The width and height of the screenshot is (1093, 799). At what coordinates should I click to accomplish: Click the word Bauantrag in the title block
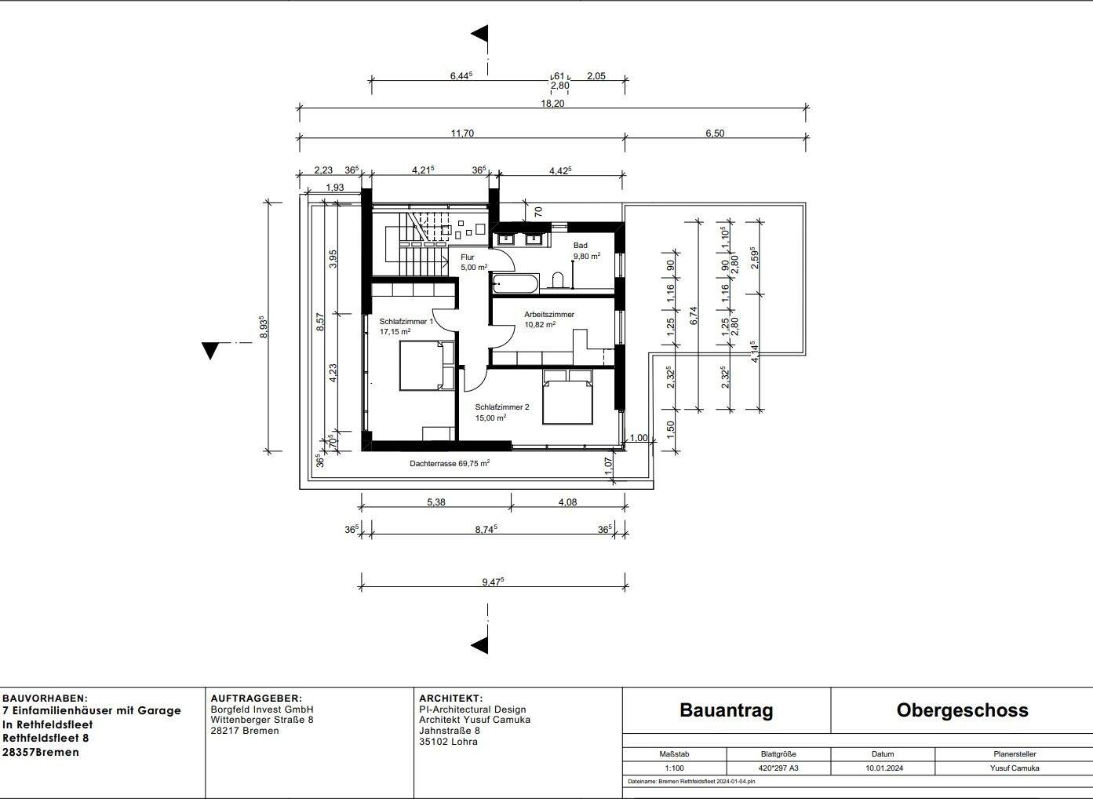[726, 710]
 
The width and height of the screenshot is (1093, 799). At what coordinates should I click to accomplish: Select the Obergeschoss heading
[962, 710]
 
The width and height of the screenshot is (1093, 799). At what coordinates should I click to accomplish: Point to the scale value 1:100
[674, 768]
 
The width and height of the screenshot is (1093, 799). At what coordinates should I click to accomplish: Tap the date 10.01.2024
[884, 768]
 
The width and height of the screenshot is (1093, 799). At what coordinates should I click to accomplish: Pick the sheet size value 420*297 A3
[778, 768]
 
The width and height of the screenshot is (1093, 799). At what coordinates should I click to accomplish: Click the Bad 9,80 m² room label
[585, 251]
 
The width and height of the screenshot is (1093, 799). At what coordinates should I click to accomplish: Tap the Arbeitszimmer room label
[548, 319]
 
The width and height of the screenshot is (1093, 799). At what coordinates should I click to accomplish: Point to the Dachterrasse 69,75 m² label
[450, 464]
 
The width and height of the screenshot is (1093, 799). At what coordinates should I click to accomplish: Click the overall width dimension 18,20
[552, 103]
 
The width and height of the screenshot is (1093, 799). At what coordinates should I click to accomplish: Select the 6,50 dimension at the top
[714, 133]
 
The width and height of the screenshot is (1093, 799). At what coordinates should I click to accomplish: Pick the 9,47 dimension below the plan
[493, 582]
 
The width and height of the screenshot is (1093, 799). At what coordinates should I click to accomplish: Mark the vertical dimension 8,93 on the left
[264, 327]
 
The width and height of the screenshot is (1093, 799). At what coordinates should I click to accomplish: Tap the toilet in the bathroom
[559, 280]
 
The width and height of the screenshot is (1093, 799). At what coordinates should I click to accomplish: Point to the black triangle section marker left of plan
[209, 350]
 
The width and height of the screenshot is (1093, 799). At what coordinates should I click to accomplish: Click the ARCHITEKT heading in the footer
[450, 698]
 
